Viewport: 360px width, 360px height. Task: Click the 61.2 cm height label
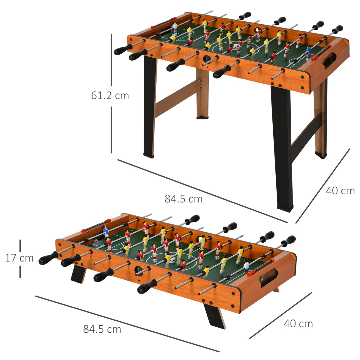pos(110,95)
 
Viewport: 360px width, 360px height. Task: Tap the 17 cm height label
pos(19,258)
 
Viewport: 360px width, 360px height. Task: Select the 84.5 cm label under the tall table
pos(183,199)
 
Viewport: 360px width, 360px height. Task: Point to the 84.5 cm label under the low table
pos(102,329)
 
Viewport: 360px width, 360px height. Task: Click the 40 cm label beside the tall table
pos(340,191)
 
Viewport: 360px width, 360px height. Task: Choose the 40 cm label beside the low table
pos(298,323)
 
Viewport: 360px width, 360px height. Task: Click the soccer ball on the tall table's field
pos(236,47)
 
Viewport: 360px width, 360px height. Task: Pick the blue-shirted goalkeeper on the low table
pos(106,232)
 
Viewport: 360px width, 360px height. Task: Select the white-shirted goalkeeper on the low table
pos(246,266)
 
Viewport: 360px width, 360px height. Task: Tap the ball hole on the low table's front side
pos(139,270)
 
